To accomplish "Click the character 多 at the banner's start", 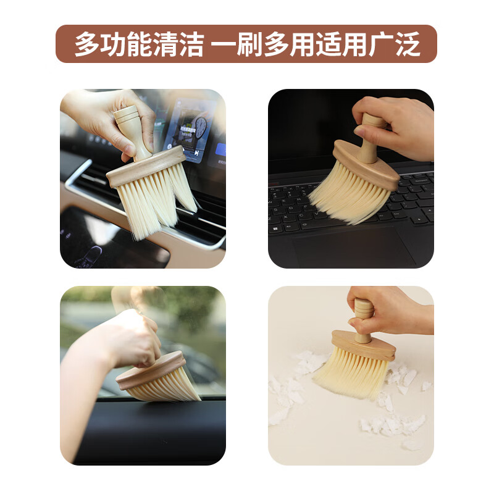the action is tap(87, 44).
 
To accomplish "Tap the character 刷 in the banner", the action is tap(249, 44).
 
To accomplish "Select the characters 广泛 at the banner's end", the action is tap(394, 44).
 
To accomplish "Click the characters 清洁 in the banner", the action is tap(178, 44).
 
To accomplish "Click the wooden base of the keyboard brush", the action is tap(366, 164).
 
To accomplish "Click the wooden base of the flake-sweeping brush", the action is tap(363, 345).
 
